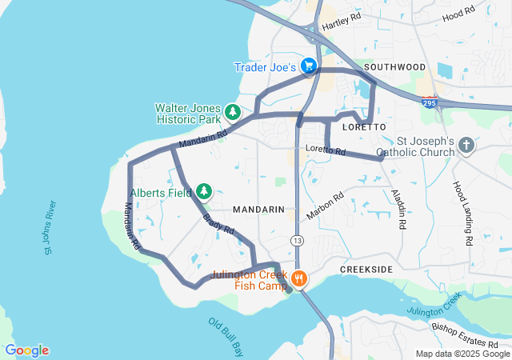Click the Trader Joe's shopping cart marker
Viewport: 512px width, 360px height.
[x=309, y=66]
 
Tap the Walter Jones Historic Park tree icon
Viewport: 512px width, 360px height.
[x=233, y=111]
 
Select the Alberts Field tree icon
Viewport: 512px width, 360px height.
[x=205, y=190]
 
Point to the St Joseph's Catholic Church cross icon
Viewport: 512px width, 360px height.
[x=466, y=146]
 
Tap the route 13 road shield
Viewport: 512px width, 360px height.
[x=297, y=240]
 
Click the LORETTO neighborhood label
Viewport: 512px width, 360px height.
[x=364, y=127]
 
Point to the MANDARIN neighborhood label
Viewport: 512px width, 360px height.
[x=258, y=209]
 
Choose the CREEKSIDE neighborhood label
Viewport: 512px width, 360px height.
[x=366, y=270]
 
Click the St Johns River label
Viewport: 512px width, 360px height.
[x=49, y=228]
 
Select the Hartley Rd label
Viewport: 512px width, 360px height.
[x=342, y=22]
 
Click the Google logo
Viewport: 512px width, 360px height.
[x=26, y=350]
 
